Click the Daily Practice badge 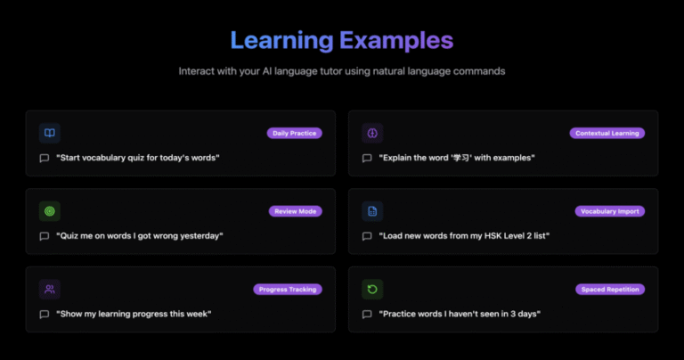(295, 133)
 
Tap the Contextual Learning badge (607, 133)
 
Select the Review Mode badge (296, 211)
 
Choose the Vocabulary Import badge (610, 211)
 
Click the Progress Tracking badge (288, 290)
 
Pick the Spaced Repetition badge (610, 290)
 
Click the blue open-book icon (50, 133)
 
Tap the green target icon (50, 211)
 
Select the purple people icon (50, 290)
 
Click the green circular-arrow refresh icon (372, 290)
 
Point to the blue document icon (372, 211)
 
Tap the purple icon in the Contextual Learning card (372, 133)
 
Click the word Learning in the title (281, 41)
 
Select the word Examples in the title (396, 41)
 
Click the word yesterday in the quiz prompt (199, 236)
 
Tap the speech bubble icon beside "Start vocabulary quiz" (44, 158)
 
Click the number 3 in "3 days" (513, 314)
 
